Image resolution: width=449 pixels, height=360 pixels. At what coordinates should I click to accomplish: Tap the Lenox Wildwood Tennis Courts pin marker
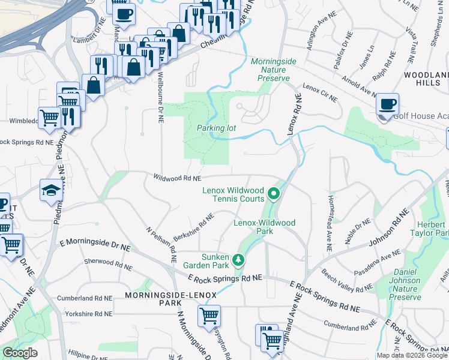[274, 194]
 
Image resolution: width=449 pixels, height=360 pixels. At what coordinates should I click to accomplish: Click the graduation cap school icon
[51, 190]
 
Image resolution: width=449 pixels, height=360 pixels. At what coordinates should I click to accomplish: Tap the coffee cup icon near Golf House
[387, 104]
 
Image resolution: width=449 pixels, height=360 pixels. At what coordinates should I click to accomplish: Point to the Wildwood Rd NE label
[176, 178]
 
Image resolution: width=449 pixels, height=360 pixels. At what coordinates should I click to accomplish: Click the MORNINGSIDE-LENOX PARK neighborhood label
[153, 299]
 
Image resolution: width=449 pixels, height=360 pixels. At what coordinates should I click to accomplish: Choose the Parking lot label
[215, 128]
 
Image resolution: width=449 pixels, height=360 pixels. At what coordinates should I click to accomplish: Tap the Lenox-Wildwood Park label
[264, 227]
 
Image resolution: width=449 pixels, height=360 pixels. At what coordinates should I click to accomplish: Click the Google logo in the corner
[20, 353]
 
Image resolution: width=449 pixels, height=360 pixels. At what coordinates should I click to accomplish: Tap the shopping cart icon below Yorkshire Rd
[209, 316]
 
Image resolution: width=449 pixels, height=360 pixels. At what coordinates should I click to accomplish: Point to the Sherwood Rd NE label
[107, 262]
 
